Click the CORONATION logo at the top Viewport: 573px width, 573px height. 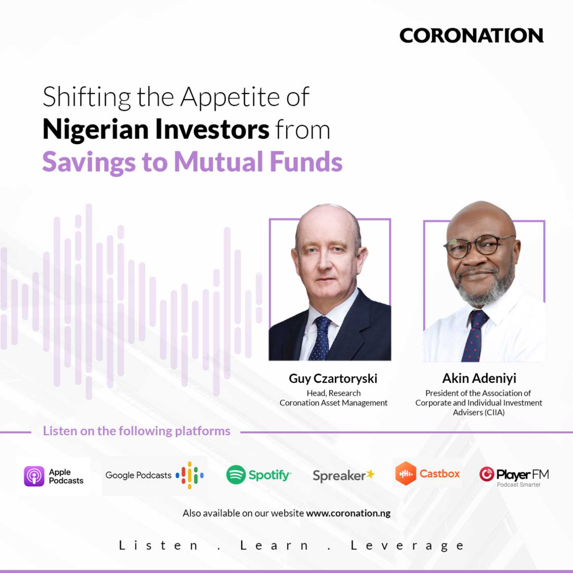pyautogui.click(x=471, y=36)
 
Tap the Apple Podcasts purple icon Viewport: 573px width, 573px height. pyautogui.click(x=34, y=476)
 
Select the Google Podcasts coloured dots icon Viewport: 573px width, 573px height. pyautogui.click(x=189, y=476)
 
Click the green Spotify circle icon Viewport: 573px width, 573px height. pyautogui.click(x=236, y=475)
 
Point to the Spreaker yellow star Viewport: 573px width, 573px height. pyautogui.click(x=370, y=474)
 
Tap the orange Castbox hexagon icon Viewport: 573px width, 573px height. pyautogui.click(x=405, y=474)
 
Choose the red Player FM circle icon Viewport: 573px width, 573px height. pyautogui.click(x=487, y=474)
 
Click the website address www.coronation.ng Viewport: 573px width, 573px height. pyautogui.click(x=348, y=513)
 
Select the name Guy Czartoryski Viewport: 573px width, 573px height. pyautogui.click(x=333, y=379)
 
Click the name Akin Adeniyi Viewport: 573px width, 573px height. pyautogui.click(x=479, y=378)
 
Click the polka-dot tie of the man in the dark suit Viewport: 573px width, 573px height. pyautogui.click(x=320, y=338)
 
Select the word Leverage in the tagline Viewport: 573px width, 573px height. pyautogui.click(x=407, y=545)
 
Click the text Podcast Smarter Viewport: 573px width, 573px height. pyautogui.click(x=518, y=485)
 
